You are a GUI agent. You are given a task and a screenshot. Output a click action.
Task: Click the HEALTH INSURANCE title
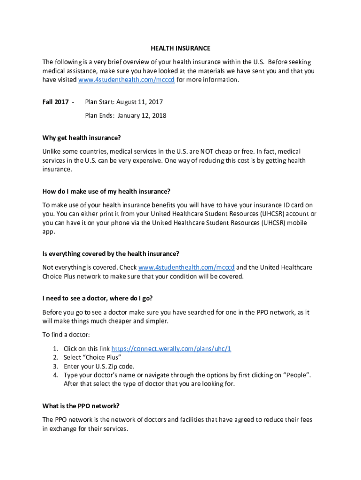(x=180, y=48)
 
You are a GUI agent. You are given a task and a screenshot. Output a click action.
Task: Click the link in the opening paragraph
(x=126, y=80)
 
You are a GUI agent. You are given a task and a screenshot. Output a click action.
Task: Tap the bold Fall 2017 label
(x=55, y=102)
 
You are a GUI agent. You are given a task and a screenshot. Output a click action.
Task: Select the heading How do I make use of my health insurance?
(x=106, y=191)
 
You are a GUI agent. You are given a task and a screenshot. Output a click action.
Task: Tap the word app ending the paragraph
(x=48, y=231)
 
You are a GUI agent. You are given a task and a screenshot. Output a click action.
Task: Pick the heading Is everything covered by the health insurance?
(x=111, y=254)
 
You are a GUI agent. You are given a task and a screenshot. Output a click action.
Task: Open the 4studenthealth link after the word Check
(x=187, y=267)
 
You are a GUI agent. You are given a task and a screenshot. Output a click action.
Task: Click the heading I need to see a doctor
(x=98, y=298)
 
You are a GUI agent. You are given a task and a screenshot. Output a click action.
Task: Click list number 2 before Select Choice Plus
(x=55, y=357)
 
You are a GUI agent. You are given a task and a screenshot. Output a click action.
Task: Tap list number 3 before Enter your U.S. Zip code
(x=55, y=366)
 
